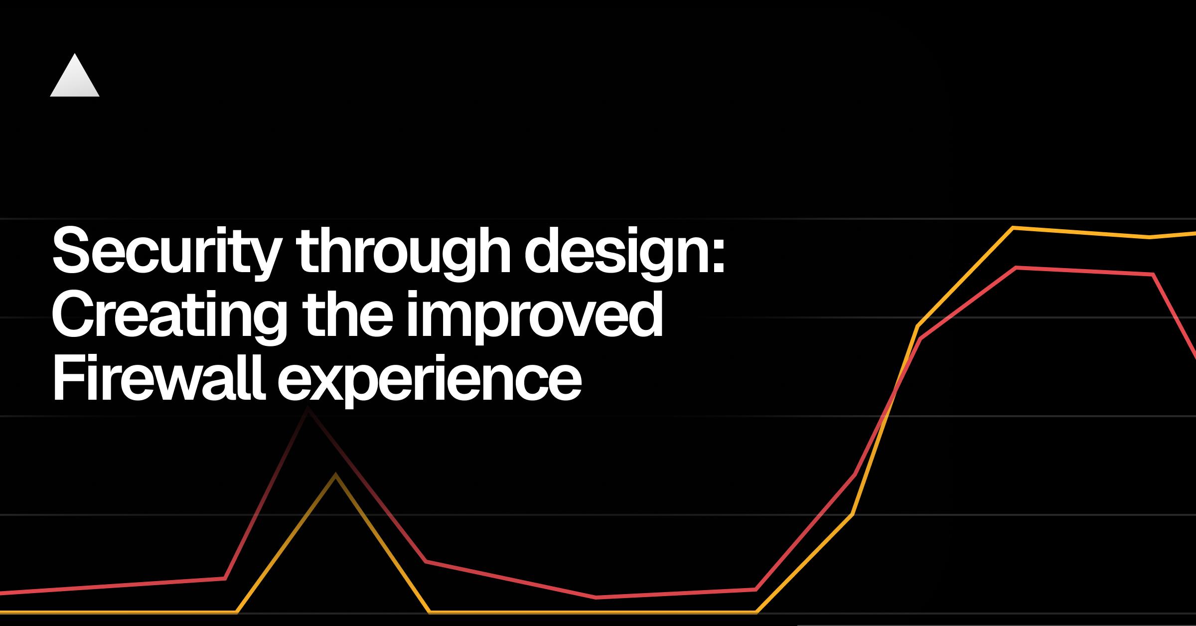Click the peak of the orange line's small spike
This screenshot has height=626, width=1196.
pyautogui.click(x=336, y=474)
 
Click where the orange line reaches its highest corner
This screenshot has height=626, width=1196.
pyautogui.click(x=1013, y=228)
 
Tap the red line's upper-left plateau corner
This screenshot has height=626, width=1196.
pyautogui.click(x=1016, y=268)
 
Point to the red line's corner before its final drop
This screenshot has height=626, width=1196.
pyautogui.click(x=1153, y=274)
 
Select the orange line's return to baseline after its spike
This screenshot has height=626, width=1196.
pyautogui.click(x=430, y=612)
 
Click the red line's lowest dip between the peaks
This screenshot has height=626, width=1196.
pyautogui.click(x=596, y=597)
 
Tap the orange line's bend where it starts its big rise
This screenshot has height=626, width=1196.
pyautogui.click(x=756, y=612)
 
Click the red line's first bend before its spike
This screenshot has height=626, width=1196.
pyautogui.click(x=225, y=579)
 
